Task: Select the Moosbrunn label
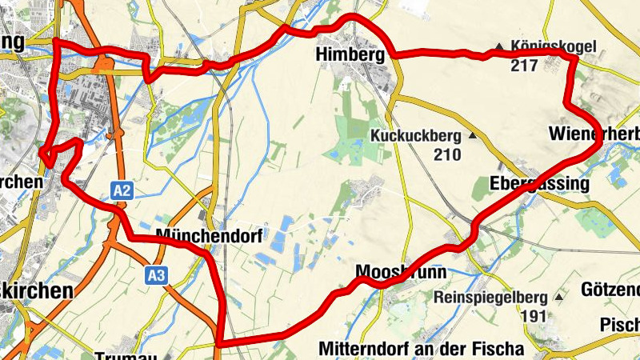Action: pyautogui.click(x=401, y=272)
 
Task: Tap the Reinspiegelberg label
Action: pyautogui.click(x=490, y=298)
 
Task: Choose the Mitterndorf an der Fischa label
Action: pyautogui.click(x=421, y=349)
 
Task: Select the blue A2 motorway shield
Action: pyautogui.click(x=122, y=190)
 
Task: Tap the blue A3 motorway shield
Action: pyautogui.click(x=157, y=276)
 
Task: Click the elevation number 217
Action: pyautogui.click(x=522, y=65)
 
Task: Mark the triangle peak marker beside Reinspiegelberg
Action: pyautogui.click(x=558, y=297)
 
